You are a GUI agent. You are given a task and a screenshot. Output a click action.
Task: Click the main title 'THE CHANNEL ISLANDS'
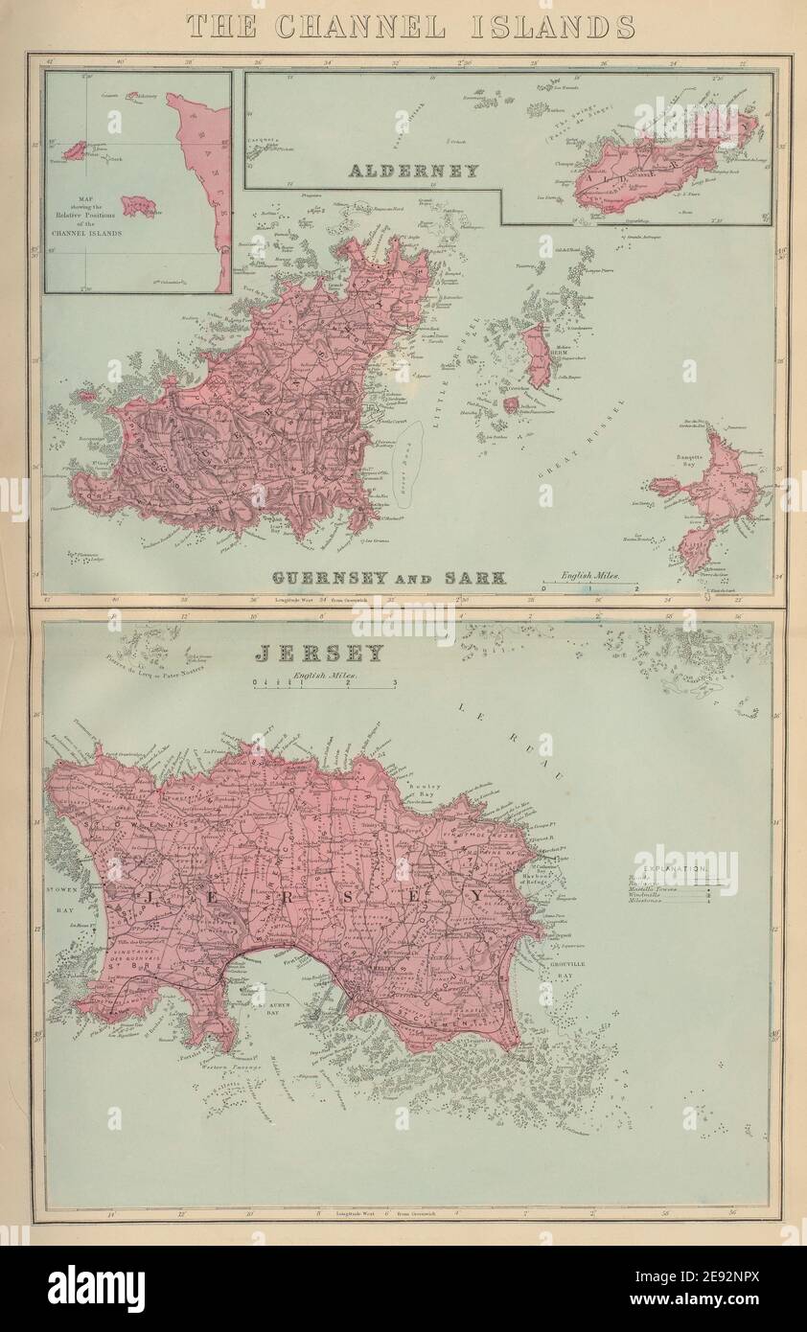pos(410,26)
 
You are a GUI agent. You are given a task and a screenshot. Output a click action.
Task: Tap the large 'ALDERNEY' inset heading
pos(413,172)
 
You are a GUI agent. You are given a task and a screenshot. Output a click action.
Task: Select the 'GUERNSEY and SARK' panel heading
pos(388,577)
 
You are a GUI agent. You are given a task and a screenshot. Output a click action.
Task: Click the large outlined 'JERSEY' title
pos(319,654)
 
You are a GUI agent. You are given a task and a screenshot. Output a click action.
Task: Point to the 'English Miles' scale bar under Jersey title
pos(324,682)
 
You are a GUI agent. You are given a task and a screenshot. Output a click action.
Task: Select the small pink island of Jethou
pos(512,404)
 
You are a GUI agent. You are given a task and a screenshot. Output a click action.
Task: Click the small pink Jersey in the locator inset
pos(139,206)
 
